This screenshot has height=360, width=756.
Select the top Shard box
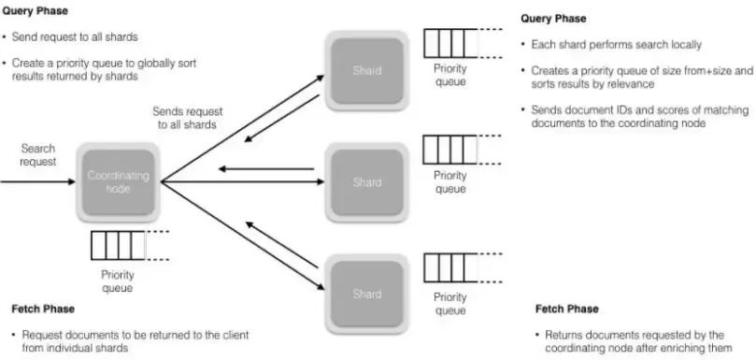click(366, 69)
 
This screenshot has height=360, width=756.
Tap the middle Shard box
click(366, 181)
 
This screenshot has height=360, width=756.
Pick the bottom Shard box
click(366, 293)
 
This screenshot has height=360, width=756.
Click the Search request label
click(37, 155)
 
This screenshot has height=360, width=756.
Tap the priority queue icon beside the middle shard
click(449, 151)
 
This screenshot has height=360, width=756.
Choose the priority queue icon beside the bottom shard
click(449, 266)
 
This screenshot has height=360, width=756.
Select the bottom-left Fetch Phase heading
click(43, 309)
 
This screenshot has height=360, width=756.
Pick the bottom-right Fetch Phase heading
click(566, 309)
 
